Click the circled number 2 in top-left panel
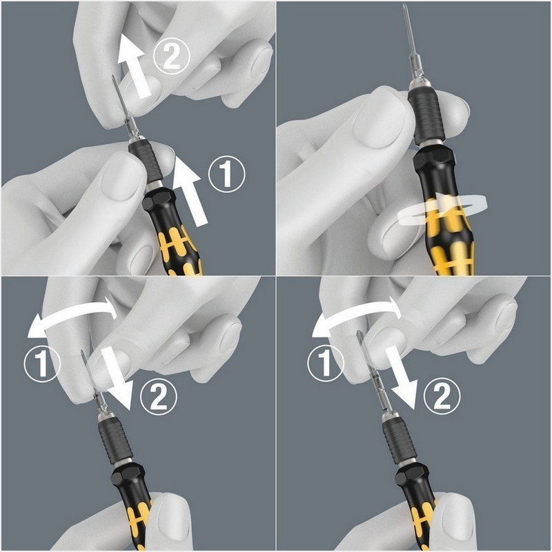[x=171, y=57]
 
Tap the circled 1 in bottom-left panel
[x=43, y=362]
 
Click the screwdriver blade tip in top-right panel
[x=406, y=8]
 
